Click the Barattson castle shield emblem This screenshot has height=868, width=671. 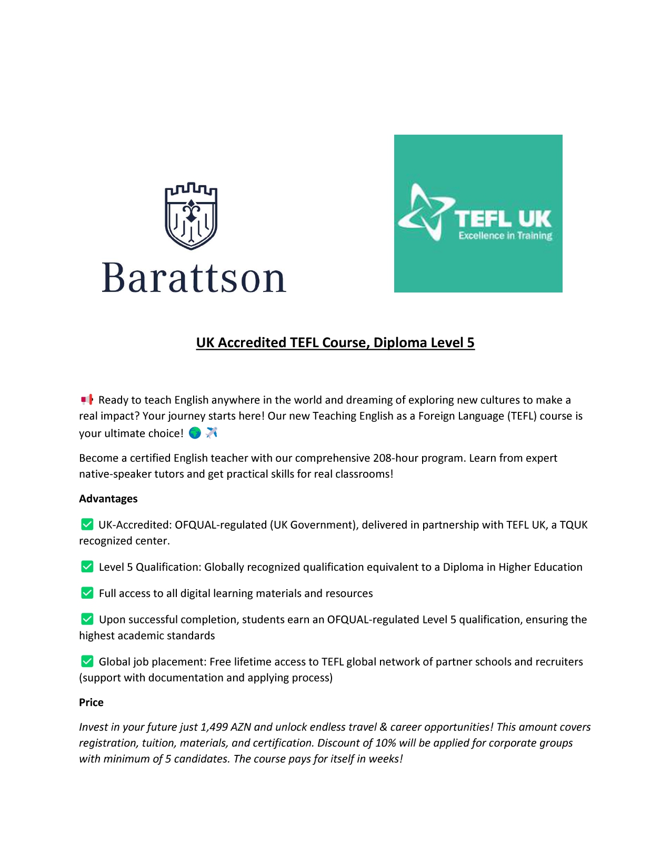[x=191, y=216]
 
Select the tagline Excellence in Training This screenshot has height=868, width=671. [x=505, y=236]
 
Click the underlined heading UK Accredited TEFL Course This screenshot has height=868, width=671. [x=335, y=342]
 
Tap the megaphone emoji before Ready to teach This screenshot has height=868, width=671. [x=87, y=399]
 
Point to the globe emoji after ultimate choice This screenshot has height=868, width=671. [x=195, y=433]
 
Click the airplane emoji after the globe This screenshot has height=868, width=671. [x=212, y=433]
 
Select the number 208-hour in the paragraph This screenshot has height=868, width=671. [x=395, y=458]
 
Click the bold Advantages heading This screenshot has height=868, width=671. [x=108, y=499]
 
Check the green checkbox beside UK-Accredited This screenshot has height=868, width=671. [x=87, y=524]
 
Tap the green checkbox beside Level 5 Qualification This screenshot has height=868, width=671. [x=87, y=567]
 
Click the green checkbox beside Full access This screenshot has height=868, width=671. [x=87, y=593]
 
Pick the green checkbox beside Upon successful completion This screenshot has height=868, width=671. [x=87, y=619]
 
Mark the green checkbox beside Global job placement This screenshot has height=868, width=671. [x=87, y=661]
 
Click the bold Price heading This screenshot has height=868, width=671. [x=91, y=702]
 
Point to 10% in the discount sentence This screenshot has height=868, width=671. [x=385, y=743]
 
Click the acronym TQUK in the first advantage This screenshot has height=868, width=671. [x=574, y=525]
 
